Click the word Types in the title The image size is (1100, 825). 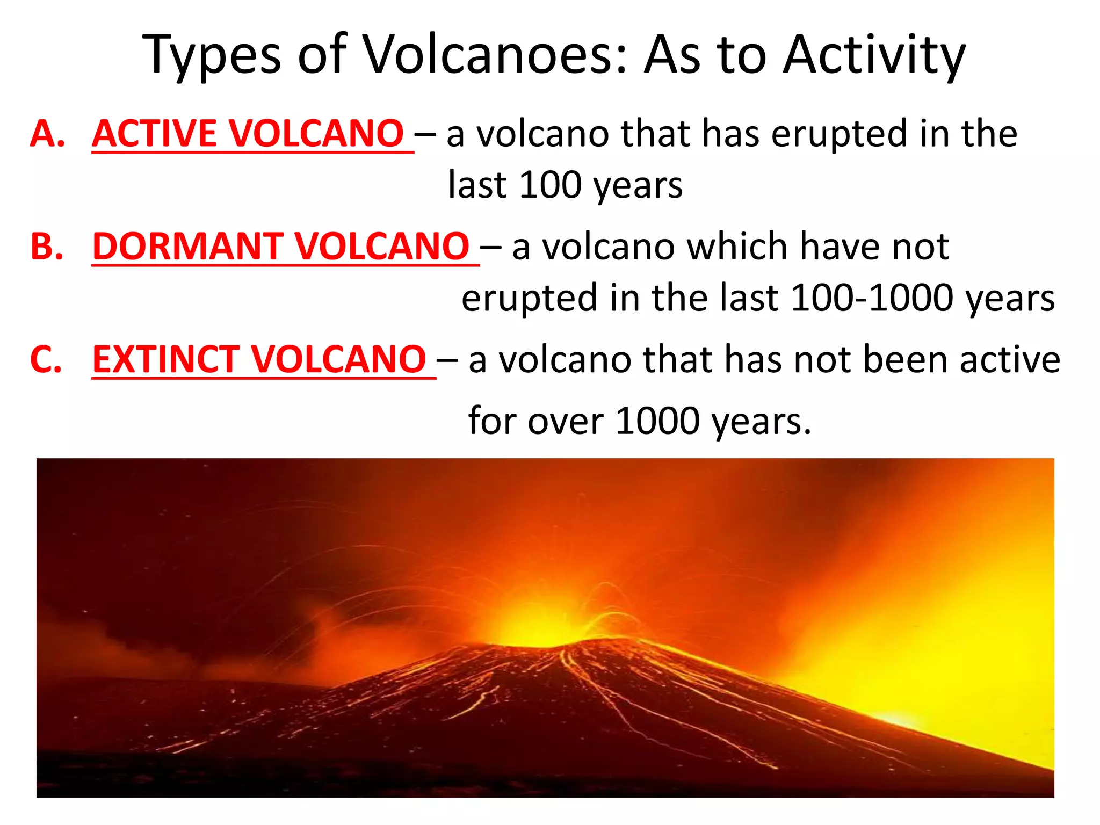(x=212, y=55)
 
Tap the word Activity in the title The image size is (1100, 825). (x=874, y=55)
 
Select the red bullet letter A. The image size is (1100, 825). (x=47, y=134)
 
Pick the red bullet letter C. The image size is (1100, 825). (x=46, y=359)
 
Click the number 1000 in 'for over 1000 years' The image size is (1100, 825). (x=658, y=421)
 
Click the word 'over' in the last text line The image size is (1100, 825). (x=566, y=421)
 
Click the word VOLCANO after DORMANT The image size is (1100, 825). (x=382, y=247)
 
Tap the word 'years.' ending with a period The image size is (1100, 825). (x=763, y=421)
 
